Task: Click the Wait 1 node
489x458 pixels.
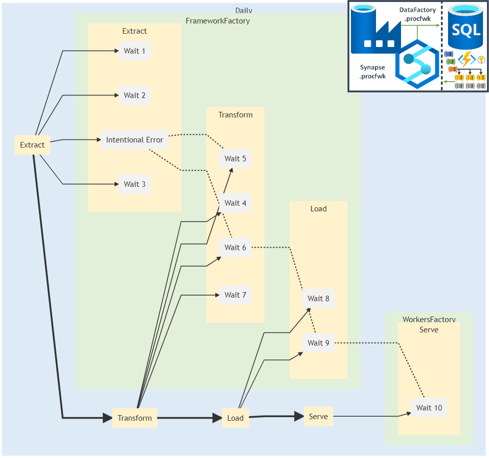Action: click(135, 51)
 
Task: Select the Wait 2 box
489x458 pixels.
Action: click(135, 95)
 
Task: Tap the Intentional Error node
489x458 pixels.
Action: click(135, 140)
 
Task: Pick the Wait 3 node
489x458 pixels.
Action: click(135, 184)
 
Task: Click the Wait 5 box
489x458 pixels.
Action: click(235, 159)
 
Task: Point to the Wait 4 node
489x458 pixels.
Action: click(235, 203)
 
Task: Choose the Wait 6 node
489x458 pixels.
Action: click(235, 248)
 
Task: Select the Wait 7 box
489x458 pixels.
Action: click(235, 295)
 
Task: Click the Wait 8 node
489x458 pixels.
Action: click(319, 299)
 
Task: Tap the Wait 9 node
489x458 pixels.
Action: click(319, 343)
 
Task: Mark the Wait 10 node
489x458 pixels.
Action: click(429, 408)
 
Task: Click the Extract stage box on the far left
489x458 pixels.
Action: click(32, 145)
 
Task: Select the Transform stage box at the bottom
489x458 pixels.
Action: click(135, 418)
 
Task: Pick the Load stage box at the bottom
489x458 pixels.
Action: click(235, 418)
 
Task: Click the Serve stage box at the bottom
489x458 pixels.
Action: click(318, 417)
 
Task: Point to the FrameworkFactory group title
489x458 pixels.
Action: click(217, 21)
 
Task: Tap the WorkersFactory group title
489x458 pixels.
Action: click(429, 320)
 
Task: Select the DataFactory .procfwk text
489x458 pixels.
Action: click(417, 14)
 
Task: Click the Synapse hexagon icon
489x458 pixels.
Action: click(418, 64)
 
